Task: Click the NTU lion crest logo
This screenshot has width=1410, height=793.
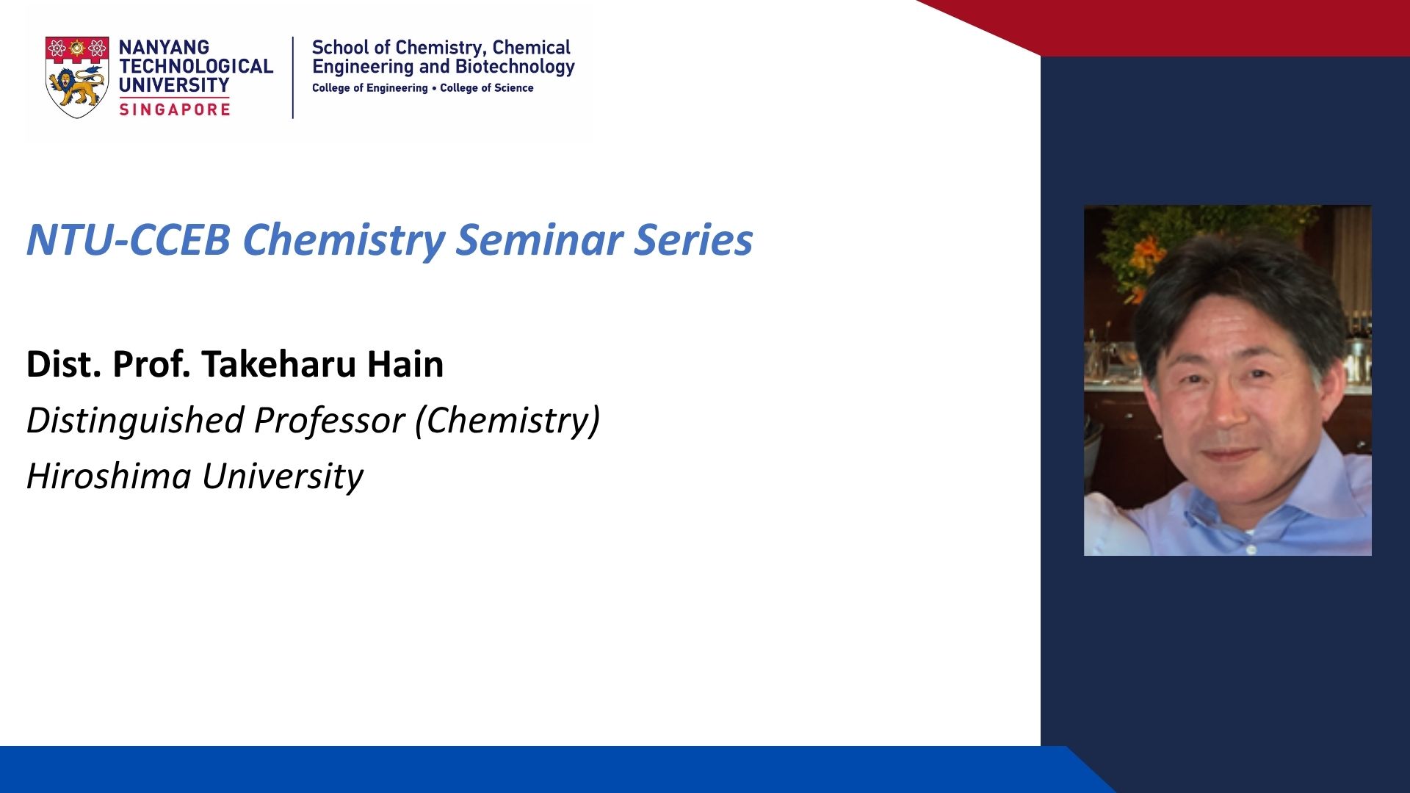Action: click(77, 77)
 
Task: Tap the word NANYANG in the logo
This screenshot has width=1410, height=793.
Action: click(164, 47)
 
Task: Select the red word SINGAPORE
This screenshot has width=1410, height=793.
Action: click(175, 109)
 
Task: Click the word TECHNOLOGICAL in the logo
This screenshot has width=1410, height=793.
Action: click(196, 66)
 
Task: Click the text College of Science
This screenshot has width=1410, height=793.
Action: click(487, 88)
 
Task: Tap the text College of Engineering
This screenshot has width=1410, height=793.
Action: click(370, 88)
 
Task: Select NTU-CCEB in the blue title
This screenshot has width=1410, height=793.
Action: click(129, 239)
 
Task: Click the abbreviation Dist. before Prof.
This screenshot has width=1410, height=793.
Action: click(64, 364)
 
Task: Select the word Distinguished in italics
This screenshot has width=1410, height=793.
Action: click(135, 421)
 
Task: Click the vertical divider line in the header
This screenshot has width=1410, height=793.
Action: click(293, 77)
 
